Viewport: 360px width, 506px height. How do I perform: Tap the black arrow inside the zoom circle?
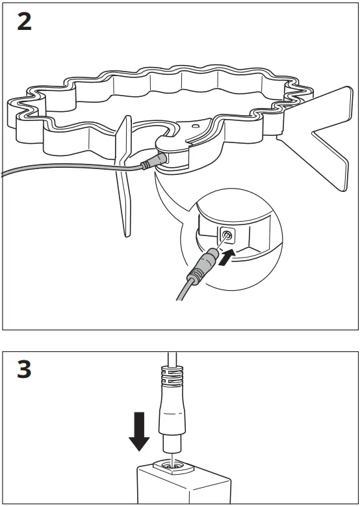pos(227,255)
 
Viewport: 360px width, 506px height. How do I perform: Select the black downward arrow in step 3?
pos(138,431)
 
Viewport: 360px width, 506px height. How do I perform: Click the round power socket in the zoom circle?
pos(227,235)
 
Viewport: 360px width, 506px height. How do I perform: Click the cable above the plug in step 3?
pos(170,360)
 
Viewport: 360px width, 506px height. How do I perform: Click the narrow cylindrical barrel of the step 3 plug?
pos(172,445)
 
